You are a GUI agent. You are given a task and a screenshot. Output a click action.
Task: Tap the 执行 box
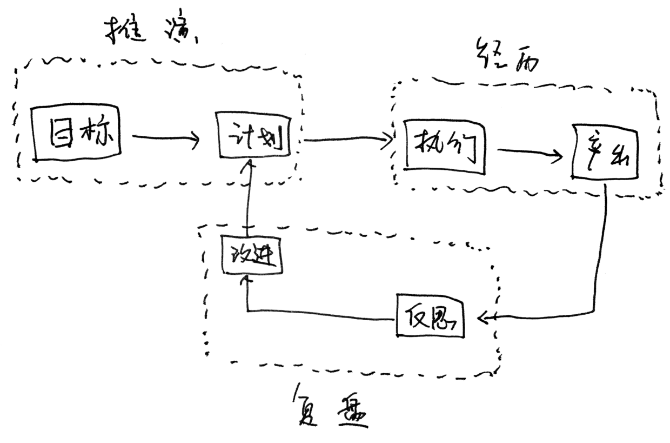tap(444, 147)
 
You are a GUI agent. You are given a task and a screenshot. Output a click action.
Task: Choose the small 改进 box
tap(252, 256)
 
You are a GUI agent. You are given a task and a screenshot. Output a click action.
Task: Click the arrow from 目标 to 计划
tap(165, 139)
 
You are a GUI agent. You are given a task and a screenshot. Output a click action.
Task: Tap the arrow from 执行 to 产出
tap(530, 154)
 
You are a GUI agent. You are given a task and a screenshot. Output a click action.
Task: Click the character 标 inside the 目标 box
tap(97, 133)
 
